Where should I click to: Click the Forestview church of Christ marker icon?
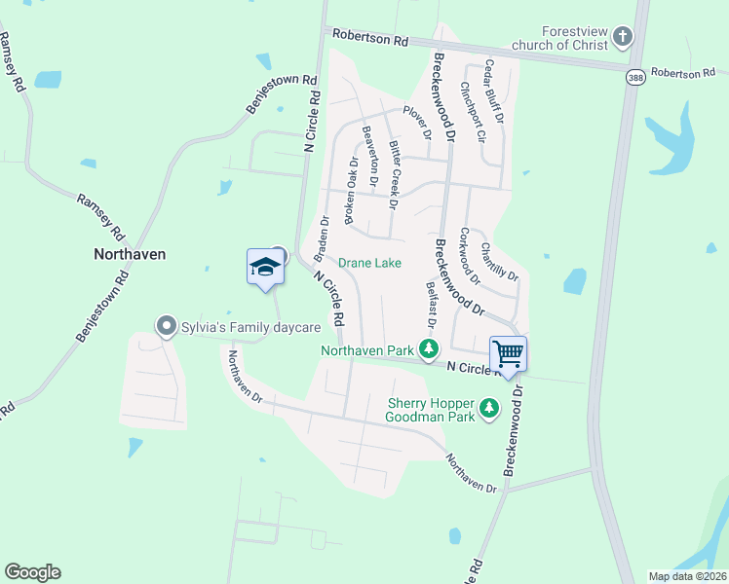click(x=623, y=37)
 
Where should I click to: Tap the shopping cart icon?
click(x=507, y=352)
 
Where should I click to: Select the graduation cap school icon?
click(x=265, y=266)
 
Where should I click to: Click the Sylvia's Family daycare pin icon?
click(x=166, y=326)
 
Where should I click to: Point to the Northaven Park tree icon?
click(x=428, y=347)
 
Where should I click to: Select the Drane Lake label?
click(x=369, y=263)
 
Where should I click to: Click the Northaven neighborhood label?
click(x=130, y=254)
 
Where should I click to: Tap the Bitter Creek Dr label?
click(x=394, y=174)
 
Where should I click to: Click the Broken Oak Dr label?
click(x=352, y=192)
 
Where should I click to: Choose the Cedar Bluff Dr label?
click(x=493, y=91)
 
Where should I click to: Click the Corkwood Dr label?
click(x=470, y=255)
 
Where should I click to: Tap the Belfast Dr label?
click(x=429, y=303)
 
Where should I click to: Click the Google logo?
click(x=32, y=572)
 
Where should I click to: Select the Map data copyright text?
click(x=688, y=576)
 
